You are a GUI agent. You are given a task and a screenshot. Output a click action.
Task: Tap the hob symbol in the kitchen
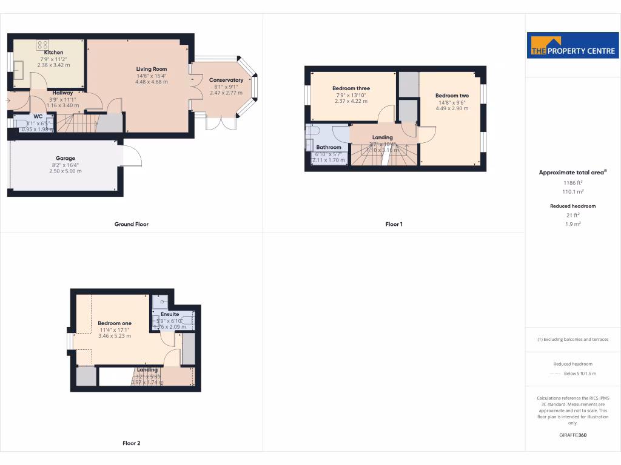42,45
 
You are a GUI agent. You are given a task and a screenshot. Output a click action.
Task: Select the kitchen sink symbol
18,70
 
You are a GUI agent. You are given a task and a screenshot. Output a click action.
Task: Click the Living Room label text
151,69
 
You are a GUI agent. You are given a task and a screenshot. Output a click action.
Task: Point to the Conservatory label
226,80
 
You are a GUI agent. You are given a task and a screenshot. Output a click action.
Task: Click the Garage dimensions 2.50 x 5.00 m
65,171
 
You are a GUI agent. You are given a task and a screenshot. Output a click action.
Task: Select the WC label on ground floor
38,116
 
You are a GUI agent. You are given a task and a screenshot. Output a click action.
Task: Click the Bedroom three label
351,88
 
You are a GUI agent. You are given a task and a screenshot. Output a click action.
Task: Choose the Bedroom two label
452,96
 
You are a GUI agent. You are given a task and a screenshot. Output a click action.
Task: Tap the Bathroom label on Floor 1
329,147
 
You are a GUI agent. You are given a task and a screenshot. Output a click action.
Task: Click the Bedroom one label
114,323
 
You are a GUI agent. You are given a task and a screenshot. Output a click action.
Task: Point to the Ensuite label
170,314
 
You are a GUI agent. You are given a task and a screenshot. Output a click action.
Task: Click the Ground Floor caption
132,224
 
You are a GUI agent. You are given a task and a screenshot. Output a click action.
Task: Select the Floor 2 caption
132,443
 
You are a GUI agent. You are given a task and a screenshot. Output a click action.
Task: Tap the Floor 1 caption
394,224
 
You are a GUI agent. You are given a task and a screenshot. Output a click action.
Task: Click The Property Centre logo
572,45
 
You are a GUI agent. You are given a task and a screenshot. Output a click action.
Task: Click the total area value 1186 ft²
572,182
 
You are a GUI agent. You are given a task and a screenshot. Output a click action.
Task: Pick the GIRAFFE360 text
572,435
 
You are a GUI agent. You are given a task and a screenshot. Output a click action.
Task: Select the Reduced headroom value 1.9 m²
572,224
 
